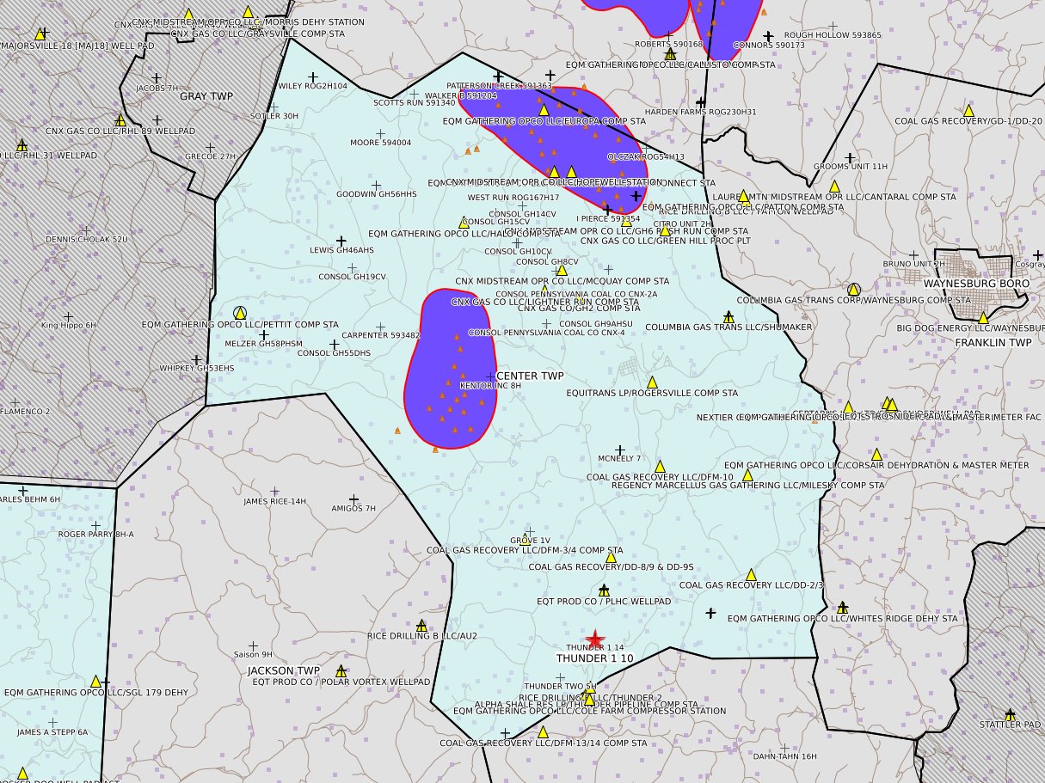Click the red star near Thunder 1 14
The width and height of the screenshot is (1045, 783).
(594, 639)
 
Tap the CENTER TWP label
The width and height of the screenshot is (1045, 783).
(531, 376)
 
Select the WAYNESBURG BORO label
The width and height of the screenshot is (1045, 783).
(976, 283)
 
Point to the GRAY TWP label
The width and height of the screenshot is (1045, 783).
(200, 96)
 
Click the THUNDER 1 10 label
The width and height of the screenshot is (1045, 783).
(594, 658)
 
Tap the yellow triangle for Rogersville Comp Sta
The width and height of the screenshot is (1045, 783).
(652, 382)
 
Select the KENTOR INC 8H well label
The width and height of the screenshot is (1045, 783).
(491, 386)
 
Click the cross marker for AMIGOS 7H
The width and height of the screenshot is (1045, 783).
(353, 499)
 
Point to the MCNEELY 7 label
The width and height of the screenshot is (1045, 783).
(619, 458)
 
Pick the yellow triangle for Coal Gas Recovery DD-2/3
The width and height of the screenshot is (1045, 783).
(751, 574)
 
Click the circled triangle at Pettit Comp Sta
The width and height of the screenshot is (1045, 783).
(240, 313)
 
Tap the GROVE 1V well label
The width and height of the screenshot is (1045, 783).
(530, 541)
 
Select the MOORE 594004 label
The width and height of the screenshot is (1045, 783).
(380, 143)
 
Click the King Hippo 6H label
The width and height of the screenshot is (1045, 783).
(69, 325)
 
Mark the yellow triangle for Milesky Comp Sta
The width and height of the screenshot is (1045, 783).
(747, 474)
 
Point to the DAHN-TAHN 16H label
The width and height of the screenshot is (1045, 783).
(784, 756)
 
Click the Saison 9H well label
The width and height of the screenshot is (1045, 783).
(253, 654)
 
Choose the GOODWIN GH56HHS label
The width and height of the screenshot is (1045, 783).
(376, 194)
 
